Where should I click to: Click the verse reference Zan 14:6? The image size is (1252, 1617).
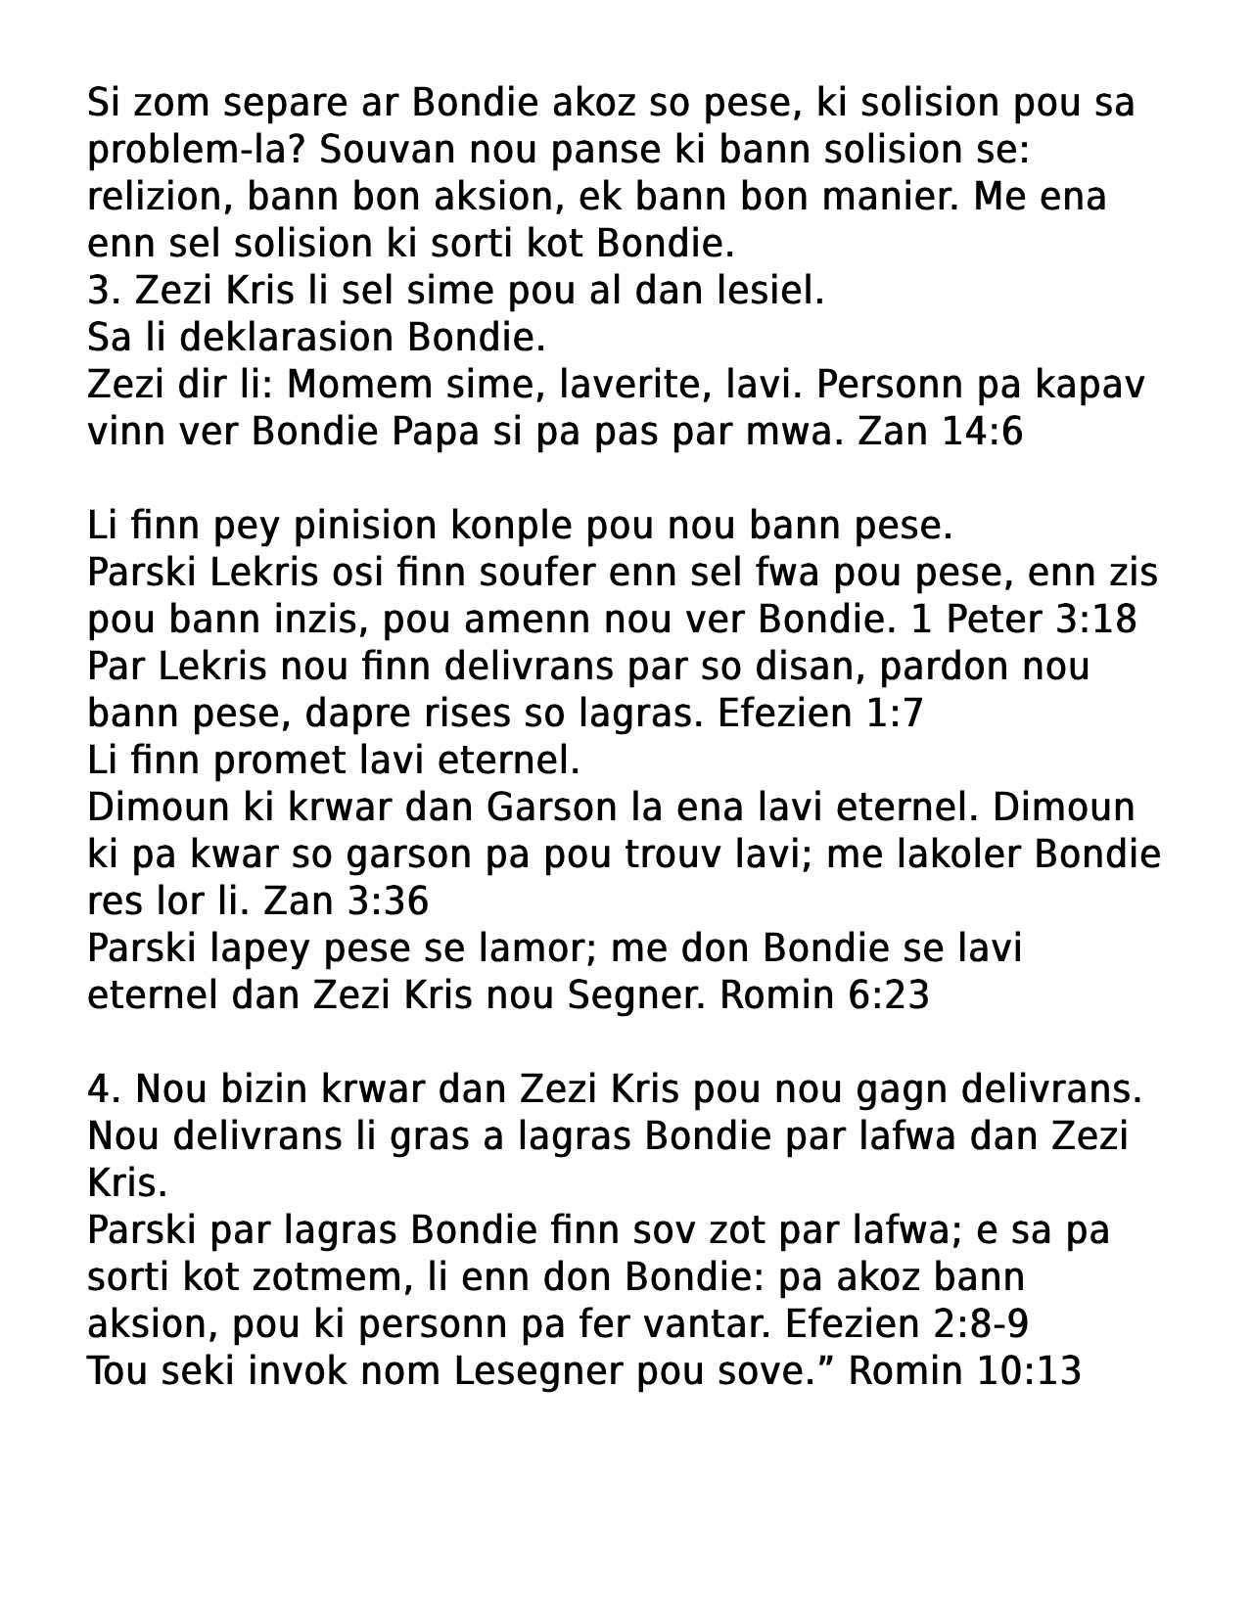pos(940,432)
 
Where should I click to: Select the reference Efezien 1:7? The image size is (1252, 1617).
pos(820,714)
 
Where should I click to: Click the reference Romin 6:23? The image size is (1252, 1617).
pos(823,995)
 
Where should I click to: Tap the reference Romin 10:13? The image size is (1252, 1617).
pos(964,1371)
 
